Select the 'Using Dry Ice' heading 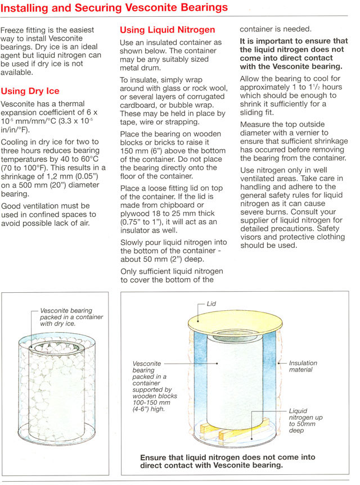coord(30,91)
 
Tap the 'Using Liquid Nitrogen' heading coord(168,29)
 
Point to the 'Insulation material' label coord(303,366)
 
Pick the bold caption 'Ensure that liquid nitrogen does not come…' coord(228,461)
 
